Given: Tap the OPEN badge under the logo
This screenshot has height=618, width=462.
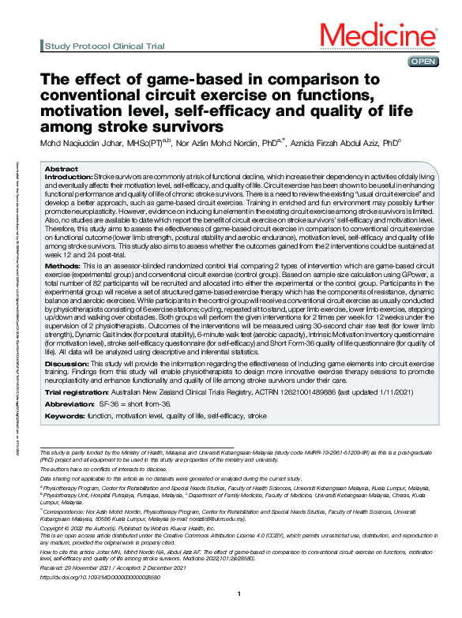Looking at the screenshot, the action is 421,61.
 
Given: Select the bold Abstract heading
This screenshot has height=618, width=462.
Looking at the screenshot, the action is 61,170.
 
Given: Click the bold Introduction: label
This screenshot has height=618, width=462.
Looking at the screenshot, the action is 69,178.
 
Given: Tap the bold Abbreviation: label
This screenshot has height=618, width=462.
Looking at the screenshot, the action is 72,402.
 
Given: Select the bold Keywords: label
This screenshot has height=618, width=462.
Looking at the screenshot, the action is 66,414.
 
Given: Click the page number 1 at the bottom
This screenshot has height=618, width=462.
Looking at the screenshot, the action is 238,614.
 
